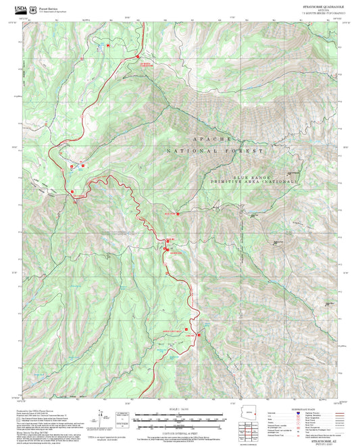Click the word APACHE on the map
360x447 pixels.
coord(213,138)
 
